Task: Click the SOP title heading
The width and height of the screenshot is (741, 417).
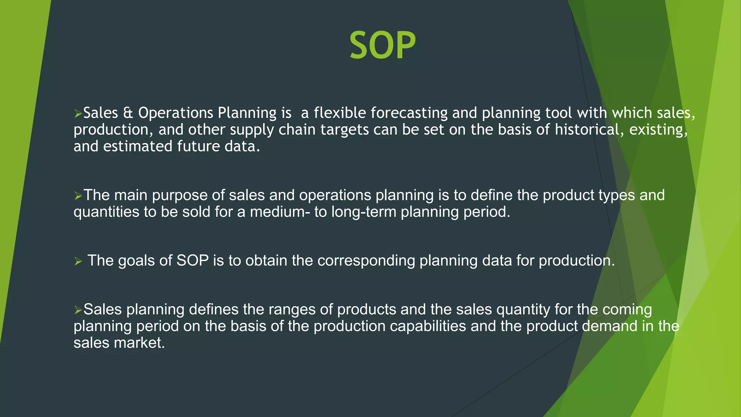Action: coord(382,46)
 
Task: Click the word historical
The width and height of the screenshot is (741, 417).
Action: coord(590,130)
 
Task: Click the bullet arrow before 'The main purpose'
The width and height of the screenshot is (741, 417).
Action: coord(78,196)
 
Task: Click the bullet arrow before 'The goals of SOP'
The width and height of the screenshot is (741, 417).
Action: coord(78,261)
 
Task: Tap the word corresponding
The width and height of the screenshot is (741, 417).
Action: coord(366,261)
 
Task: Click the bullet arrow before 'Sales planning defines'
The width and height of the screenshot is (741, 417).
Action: coord(78,310)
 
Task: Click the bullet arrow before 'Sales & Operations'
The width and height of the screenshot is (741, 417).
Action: coord(78,114)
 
